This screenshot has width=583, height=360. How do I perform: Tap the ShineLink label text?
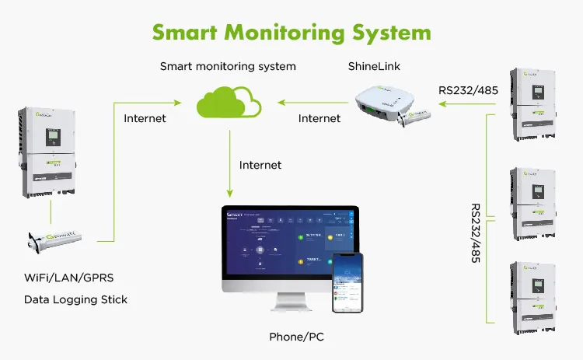point(375,67)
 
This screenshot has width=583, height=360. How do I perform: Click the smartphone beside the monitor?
point(347,283)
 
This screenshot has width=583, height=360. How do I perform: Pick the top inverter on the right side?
point(533,105)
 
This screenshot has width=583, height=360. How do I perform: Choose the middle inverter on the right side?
point(533,201)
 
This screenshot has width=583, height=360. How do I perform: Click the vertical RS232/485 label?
point(477,233)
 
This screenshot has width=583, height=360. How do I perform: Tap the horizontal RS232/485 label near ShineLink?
point(470,90)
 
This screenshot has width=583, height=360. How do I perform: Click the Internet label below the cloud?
point(260,165)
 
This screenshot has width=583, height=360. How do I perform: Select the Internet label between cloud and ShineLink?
point(319,118)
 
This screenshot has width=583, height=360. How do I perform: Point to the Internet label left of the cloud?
point(145,118)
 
